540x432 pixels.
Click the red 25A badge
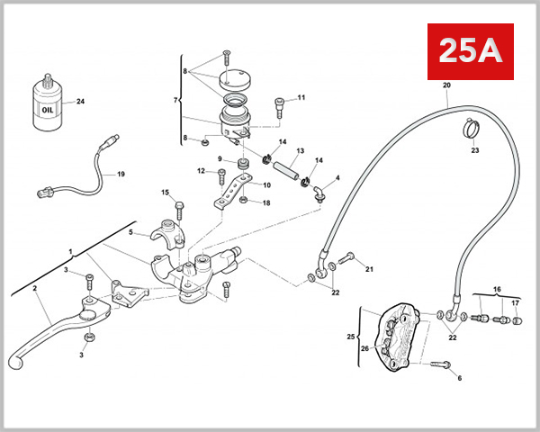click(x=469, y=51)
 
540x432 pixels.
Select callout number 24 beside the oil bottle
click(x=80, y=101)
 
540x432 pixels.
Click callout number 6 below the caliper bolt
click(x=459, y=379)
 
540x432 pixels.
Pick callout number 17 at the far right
click(x=516, y=302)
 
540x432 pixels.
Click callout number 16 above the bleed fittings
click(x=496, y=291)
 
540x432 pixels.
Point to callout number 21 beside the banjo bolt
click(x=368, y=268)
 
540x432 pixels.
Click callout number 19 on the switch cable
click(x=121, y=174)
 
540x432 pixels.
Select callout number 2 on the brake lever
click(x=34, y=289)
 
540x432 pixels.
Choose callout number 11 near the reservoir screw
click(x=301, y=97)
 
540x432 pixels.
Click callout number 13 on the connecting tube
click(x=300, y=150)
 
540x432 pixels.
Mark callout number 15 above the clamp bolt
click(x=166, y=192)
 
